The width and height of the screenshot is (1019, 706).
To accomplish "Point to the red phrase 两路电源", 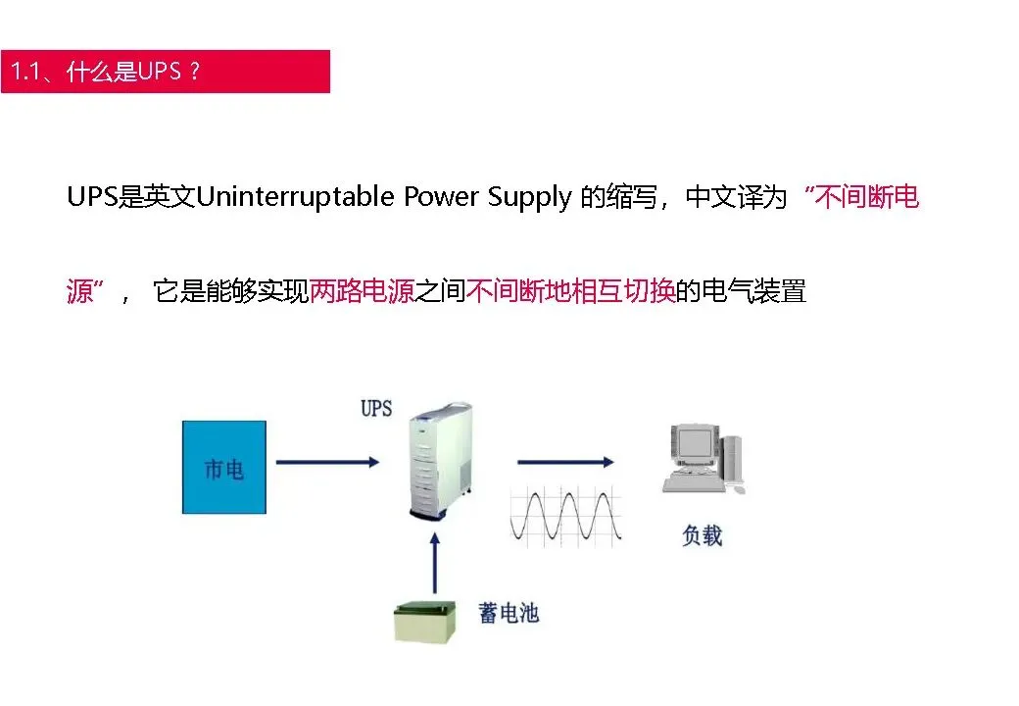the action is click(362, 291).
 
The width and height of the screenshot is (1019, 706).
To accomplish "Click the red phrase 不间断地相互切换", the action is click(570, 291).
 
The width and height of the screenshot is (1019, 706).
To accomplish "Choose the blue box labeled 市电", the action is click(223, 468).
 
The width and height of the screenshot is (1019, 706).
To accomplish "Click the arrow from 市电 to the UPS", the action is click(326, 461).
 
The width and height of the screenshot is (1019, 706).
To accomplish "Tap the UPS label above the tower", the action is click(376, 408).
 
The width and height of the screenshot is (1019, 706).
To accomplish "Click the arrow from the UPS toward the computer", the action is click(565, 461).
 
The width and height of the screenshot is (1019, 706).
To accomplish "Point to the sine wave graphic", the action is click(565, 516).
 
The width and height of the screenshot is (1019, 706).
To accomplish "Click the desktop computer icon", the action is click(703, 458).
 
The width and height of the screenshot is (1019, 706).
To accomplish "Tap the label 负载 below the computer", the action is click(703, 535).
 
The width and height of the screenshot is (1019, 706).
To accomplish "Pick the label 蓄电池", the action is click(509, 614).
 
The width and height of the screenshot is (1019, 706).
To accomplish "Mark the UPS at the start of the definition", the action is click(91, 197).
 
